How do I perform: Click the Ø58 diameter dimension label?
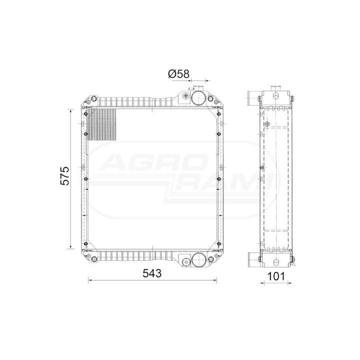pyautogui.click(x=178, y=74)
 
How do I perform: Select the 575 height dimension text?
pyautogui.click(x=64, y=176)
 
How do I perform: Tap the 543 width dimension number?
pyautogui.click(x=152, y=273)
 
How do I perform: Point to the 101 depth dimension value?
pyautogui.click(x=276, y=276)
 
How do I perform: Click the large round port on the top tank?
pyautogui.click(x=198, y=98)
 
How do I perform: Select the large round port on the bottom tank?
pyautogui.click(x=198, y=259)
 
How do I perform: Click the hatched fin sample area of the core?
pyautogui.click(x=101, y=124)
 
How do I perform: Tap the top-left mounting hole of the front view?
pyautogui.click(x=93, y=99)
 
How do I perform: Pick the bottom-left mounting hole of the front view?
pyautogui.click(x=94, y=259)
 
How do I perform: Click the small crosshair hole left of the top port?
pyautogui.click(x=185, y=95)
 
